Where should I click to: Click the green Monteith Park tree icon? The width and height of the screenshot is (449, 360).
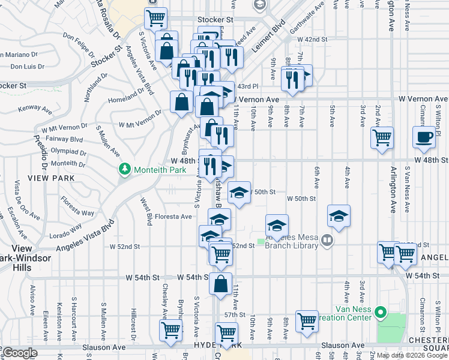click(x=125, y=170)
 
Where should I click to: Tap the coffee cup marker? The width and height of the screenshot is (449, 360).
click(x=424, y=137)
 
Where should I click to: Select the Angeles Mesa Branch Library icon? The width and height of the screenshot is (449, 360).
click(x=327, y=241)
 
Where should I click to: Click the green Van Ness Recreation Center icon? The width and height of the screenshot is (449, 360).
click(x=379, y=312)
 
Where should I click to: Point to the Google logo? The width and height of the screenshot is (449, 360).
click(x=19, y=353)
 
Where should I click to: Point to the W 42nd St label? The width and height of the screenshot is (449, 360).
click(x=314, y=39)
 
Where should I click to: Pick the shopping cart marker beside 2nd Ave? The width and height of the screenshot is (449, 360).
click(x=382, y=137)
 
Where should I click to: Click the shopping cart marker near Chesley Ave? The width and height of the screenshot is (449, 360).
click(x=170, y=329)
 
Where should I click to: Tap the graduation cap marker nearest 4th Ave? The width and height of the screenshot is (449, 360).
click(x=339, y=215)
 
